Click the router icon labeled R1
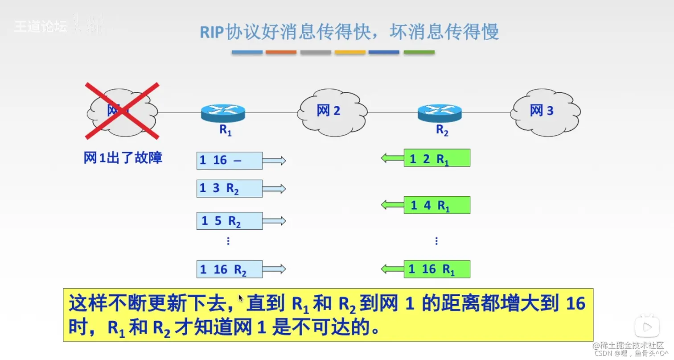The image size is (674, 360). click(x=223, y=113)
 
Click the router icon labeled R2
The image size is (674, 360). click(x=440, y=113)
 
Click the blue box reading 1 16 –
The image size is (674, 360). click(x=229, y=161)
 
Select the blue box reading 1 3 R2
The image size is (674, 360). click(x=229, y=188)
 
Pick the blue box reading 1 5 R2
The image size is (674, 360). click(x=229, y=221)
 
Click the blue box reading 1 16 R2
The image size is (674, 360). click(x=229, y=269)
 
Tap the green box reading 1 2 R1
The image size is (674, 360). click(x=437, y=158)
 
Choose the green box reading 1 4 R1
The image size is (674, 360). click(x=437, y=205)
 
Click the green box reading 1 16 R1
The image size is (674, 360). click(x=437, y=269)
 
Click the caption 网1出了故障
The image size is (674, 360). click(x=123, y=158)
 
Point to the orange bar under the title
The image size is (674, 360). click(x=281, y=52)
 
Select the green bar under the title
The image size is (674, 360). click(x=419, y=52)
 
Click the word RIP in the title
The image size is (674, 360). click(x=211, y=32)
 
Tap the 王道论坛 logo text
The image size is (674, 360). click(x=41, y=27)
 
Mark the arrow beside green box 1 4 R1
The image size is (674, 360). click(x=392, y=205)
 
